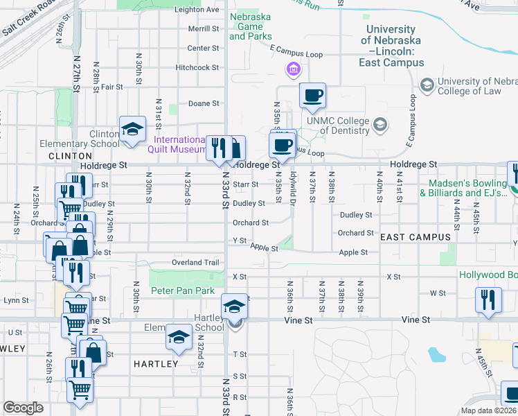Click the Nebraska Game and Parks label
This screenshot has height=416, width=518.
coord(250,26)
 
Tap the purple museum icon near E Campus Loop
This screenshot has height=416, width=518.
coord(292,69)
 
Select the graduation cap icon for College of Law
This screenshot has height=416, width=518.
coord(427,85)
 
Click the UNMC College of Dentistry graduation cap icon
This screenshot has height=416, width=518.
coord(379,124)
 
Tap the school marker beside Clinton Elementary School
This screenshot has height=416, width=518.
coord(132,129)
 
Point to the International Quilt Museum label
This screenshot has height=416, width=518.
coord(179,144)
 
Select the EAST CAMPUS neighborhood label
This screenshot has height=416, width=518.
coord(415,237)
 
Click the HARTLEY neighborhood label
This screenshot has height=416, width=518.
coord(155,363)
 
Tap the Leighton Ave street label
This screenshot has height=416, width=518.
coord(197,10)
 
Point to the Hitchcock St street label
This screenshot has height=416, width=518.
coord(197,67)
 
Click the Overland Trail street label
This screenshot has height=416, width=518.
coord(195,263)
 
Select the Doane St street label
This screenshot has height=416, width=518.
coord(204,103)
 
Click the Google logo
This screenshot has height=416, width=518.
coord(24,408)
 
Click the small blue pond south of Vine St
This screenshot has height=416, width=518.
coord(436,356)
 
